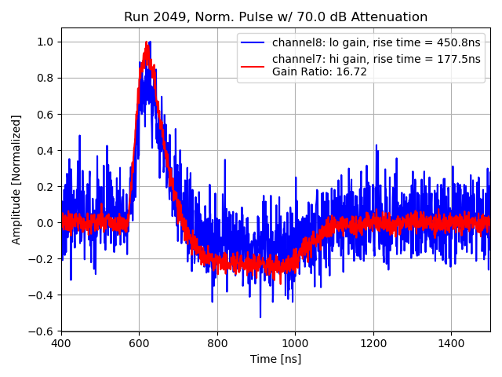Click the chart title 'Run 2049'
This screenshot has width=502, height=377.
[x=152, y=17]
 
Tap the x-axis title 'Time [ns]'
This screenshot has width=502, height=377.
[x=275, y=360]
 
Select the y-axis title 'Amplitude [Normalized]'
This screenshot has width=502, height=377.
[x=16, y=179]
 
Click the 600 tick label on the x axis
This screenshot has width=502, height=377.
[x=139, y=342]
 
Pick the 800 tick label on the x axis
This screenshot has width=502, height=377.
[x=217, y=342]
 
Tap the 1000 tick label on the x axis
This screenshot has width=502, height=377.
[x=295, y=342]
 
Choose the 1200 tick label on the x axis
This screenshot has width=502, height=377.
[x=373, y=342]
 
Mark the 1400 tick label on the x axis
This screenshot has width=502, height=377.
[x=451, y=342]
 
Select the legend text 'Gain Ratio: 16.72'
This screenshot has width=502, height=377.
[x=319, y=72]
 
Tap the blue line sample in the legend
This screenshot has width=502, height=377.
[x=254, y=42]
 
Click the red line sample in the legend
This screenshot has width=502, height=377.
[x=254, y=65]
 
